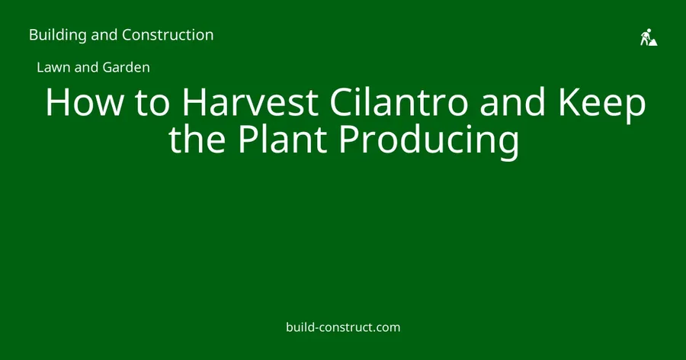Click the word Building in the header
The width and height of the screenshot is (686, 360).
[x=58, y=35]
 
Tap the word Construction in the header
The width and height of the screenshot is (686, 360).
[x=168, y=34]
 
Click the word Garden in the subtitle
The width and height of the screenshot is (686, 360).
[x=126, y=67]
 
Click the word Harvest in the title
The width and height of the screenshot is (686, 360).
[x=250, y=102]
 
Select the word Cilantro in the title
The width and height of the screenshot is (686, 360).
[x=399, y=102]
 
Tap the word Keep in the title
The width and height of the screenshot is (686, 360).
[x=601, y=105]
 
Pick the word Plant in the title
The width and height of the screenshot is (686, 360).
[x=282, y=139]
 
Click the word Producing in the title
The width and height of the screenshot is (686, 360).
[x=428, y=142]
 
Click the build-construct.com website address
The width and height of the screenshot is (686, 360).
[x=343, y=327]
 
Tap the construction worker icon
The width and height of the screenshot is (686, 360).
[x=649, y=37]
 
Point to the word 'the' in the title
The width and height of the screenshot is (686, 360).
[x=197, y=139]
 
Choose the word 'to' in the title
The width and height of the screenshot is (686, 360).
[x=152, y=104]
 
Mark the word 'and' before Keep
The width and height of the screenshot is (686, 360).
[x=512, y=102]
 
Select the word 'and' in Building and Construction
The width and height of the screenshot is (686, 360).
[x=104, y=35]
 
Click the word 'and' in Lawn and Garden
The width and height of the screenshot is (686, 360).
[x=87, y=67]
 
